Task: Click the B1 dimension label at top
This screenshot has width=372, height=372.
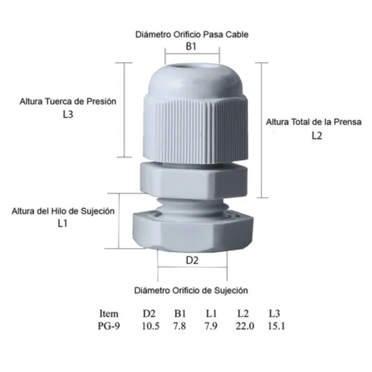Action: coord(191,46)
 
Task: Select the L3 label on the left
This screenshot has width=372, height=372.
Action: coord(68,114)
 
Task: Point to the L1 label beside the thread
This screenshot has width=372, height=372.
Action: coord(62,223)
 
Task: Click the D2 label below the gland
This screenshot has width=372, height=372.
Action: coord(192,260)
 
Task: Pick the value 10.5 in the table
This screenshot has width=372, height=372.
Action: coord(151,326)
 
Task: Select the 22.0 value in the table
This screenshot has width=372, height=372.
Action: coord(245,326)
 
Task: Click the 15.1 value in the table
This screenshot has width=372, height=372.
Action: coord(276,326)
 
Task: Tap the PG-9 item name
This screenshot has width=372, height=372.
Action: coord(109,326)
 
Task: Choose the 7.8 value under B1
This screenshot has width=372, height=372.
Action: coord(179,326)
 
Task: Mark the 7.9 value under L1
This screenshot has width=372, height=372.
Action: coord(211,326)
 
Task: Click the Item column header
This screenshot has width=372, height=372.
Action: coord(109,314)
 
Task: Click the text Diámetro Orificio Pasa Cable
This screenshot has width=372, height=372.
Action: coord(192,34)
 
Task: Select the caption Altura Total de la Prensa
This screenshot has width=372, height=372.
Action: coord(313,122)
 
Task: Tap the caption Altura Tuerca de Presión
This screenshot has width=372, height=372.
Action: coord(68,102)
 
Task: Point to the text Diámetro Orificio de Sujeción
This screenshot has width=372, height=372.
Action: coord(191,290)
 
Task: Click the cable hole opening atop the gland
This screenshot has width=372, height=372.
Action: coord(192,67)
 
